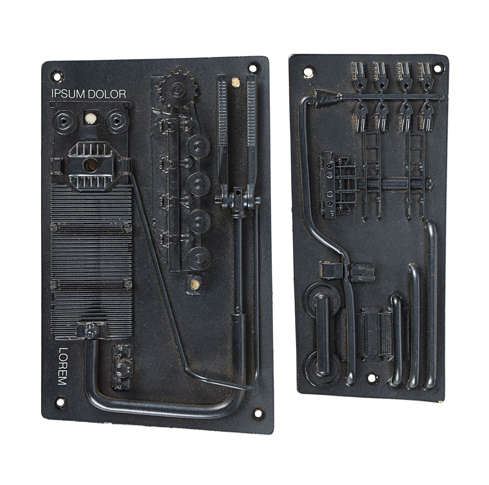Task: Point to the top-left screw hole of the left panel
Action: [x=57, y=76]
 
